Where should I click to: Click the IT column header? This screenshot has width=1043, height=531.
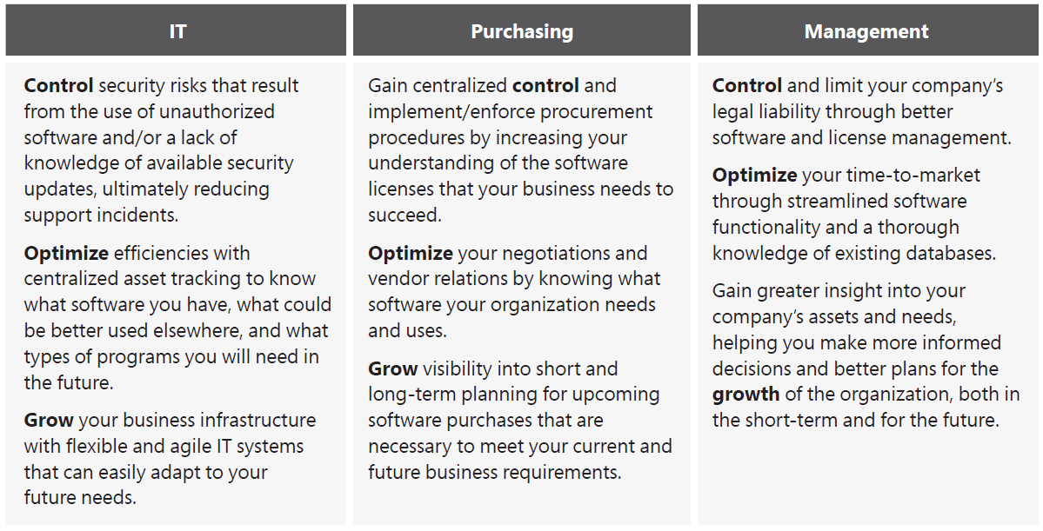177,31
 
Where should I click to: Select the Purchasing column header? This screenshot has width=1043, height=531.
522,31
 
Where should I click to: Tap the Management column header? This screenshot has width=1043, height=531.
866,31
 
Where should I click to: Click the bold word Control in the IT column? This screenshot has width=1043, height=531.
58,86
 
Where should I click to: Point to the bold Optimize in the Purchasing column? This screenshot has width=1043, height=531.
411,254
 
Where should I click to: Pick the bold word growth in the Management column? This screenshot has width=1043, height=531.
745,395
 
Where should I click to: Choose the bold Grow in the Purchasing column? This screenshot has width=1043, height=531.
393,368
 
